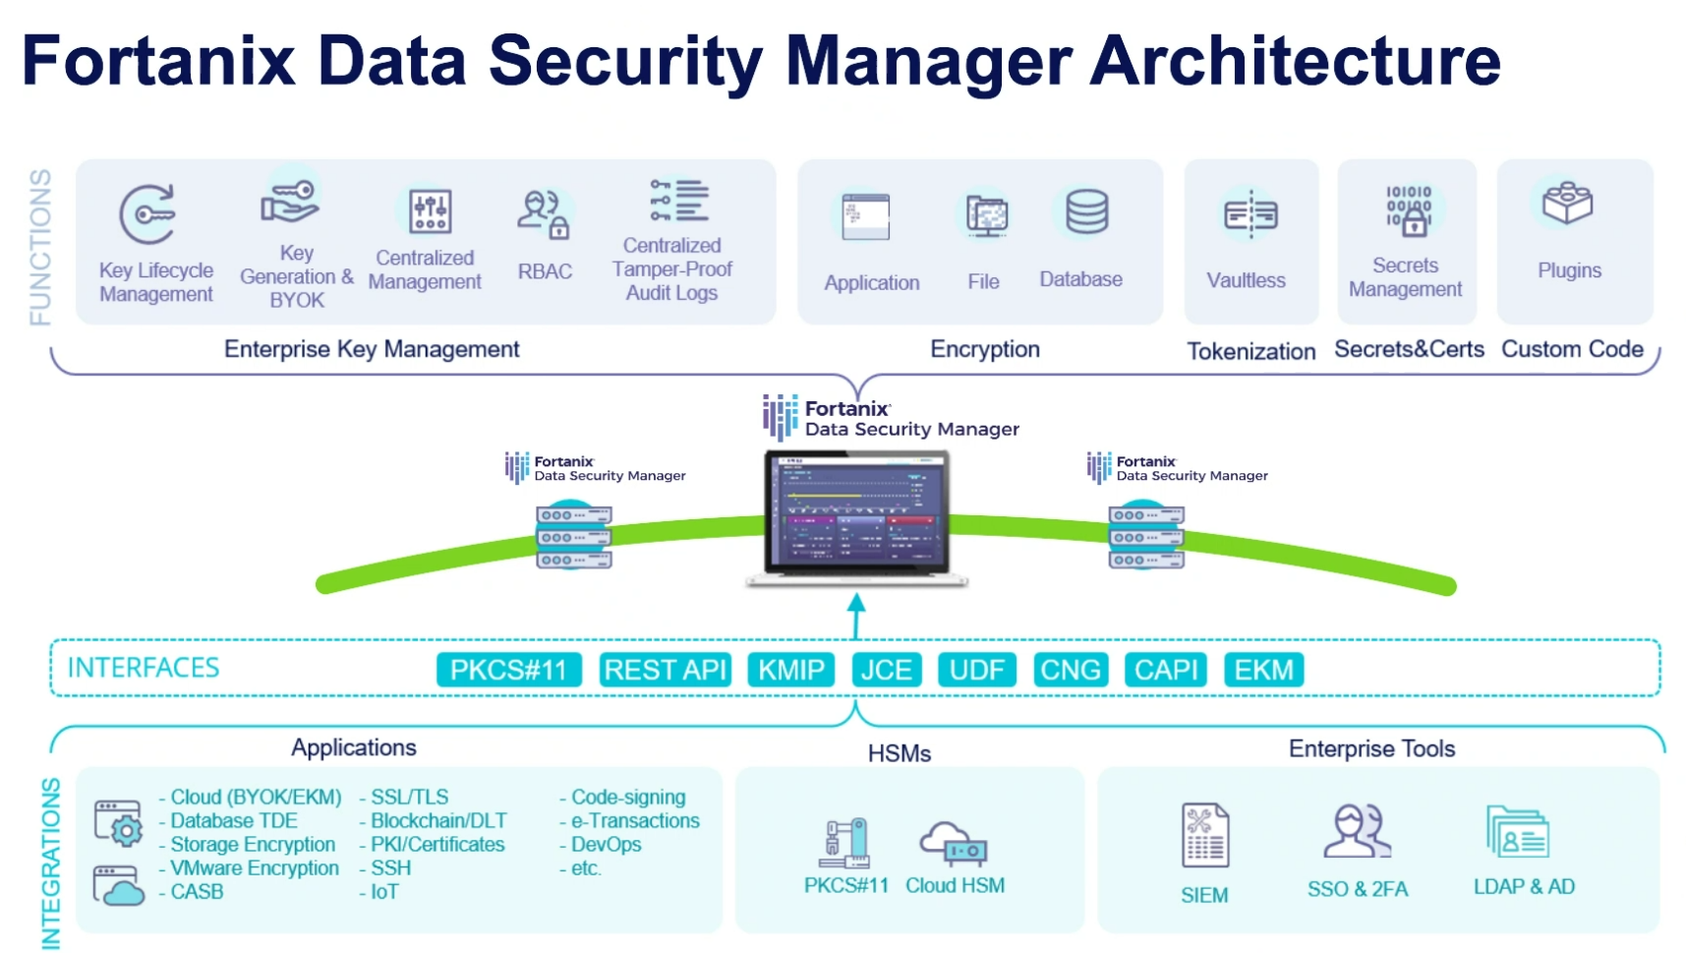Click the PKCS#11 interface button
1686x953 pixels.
click(508, 670)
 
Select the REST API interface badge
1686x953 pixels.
click(665, 670)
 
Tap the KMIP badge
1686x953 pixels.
click(790, 670)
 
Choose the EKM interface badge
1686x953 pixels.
click(1263, 670)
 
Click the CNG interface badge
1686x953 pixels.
click(1070, 670)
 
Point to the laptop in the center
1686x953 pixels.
click(856, 515)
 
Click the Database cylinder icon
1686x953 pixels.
click(1086, 211)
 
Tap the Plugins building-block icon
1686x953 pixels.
click(1567, 204)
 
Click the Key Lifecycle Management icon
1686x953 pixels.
click(147, 213)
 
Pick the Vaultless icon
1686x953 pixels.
click(1250, 214)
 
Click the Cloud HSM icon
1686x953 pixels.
click(953, 842)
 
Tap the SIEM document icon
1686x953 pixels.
click(1204, 835)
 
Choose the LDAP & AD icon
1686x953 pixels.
click(1517, 833)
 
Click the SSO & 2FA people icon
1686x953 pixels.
click(1357, 832)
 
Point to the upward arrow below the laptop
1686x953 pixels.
click(856, 615)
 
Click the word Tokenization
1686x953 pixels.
click(1250, 351)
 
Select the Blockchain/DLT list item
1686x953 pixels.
click(437, 820)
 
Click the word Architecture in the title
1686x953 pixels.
click(1295, 61)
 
